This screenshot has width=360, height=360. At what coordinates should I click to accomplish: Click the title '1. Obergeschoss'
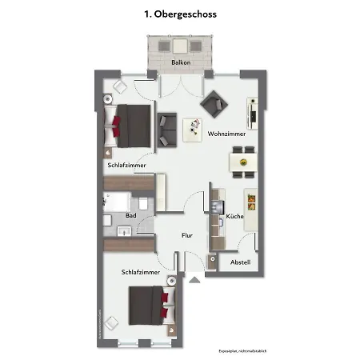(180, 14)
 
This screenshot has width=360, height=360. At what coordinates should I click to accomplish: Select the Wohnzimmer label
(226, 134)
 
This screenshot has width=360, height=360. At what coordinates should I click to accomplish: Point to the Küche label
(234, 216)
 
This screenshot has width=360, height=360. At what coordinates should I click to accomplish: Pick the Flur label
(187, 235)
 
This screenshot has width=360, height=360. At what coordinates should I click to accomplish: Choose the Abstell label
(240, 262)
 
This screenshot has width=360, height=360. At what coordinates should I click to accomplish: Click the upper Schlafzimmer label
(126, 165)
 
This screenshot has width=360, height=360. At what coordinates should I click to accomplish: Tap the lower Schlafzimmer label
(141, 273)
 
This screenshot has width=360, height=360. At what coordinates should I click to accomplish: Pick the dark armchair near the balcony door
(214, 102)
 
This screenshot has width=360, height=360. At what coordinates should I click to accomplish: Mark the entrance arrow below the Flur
(194, 278)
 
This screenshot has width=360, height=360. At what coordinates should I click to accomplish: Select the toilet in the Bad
(146, 204)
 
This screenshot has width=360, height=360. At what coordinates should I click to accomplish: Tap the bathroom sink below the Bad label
(124, 232)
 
